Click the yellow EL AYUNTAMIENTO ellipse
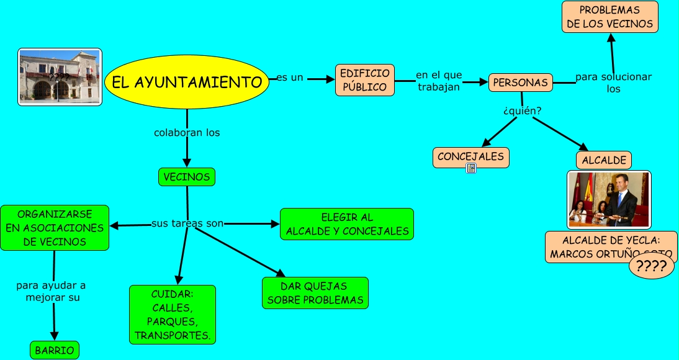(x=187, y=82)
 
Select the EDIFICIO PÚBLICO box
(x=365, y=80)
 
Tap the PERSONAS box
(x=520, y=83)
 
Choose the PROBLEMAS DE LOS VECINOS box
(x=609, y=17)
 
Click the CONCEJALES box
(x=470, y=157)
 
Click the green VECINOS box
(x=187, y=177)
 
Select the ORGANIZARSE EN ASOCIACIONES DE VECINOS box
(x=55, y=228)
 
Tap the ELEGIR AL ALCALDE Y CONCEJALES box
(x=347, y=224)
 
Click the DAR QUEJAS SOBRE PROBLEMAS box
(x=315, y=293)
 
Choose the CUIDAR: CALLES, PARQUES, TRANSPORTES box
(x=173, y=314)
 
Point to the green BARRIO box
(x=55, y=350)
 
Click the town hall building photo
(x=60, y=77)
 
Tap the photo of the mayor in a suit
(x=609, y=200)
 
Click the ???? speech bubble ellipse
(x=651, y=267)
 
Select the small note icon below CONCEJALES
(x=471, y=168)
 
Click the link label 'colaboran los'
(x=187, y=133)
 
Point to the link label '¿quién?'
(x=522, y=111)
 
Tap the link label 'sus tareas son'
(x=187, y=223)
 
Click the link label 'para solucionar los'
(x=613, y=83)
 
